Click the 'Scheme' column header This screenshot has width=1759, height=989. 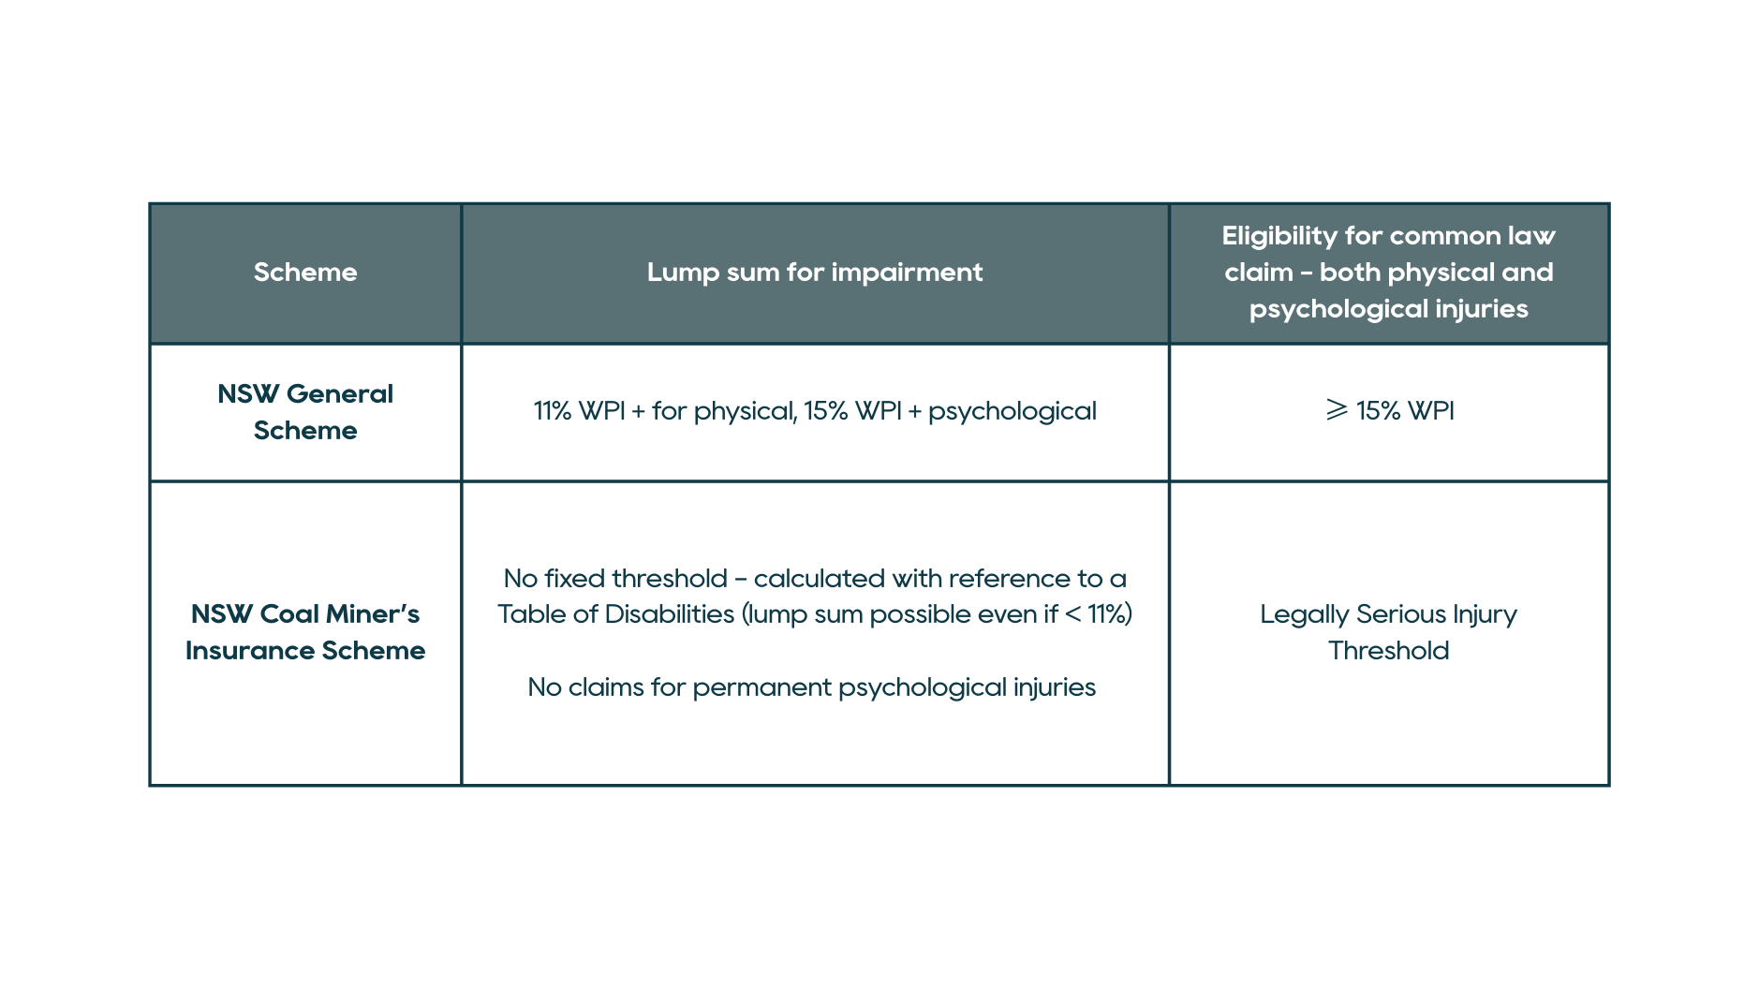point(305,273)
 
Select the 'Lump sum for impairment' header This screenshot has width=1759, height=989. point(814,273)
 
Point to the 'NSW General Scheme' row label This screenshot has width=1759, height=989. point(305,412)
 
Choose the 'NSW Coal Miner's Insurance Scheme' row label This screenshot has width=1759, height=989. point(305,632)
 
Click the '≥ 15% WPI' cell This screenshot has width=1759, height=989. point(1390,411)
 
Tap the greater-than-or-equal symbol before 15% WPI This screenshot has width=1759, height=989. point(1337,410)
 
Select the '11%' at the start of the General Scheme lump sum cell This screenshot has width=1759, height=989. point(552,411)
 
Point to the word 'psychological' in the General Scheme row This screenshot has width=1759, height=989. point(1012,411)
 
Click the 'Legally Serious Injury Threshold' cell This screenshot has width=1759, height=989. point(1389,632)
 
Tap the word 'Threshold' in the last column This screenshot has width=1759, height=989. point(1389,651)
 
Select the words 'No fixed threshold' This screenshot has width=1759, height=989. point(615,579)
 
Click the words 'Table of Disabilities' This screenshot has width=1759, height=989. point(615,614)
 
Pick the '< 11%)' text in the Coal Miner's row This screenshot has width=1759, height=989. point(1099,614)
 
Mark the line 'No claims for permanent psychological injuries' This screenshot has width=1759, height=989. point(812,687)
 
